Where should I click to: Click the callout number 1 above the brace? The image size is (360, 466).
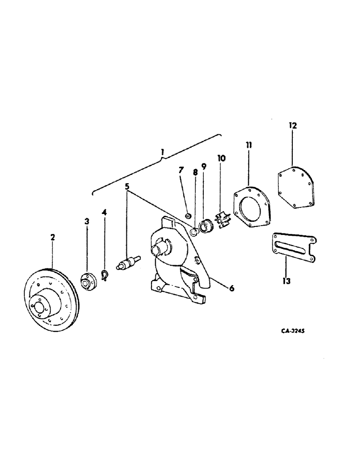(163, 151)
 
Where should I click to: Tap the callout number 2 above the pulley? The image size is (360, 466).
(53, 237)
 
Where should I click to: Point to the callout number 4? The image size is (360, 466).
(104, 212)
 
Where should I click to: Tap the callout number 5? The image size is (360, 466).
(126, 187)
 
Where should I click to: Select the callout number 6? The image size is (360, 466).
(231, 288)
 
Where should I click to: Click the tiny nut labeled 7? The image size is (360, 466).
(187, 215)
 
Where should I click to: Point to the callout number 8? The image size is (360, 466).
(195, 172)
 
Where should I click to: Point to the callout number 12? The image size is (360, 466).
(292, 125)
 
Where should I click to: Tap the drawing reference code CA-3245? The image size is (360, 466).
(296, 330)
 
